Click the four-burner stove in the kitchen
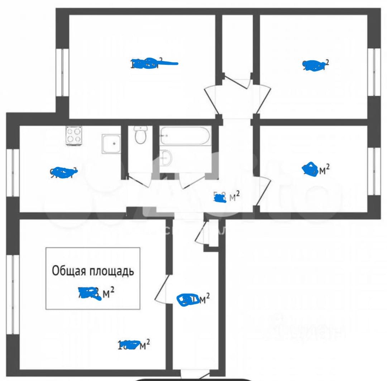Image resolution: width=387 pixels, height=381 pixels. (x=74, y=136)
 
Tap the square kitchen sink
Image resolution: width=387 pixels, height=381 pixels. (x=111, y=144)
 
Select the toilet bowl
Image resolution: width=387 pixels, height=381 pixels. (x=140, y=135)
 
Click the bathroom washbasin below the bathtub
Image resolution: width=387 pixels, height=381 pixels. (x=166, y=158)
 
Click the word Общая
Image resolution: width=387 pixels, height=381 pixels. (x=70, y=271)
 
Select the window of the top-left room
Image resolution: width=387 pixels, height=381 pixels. (x=63, y=72)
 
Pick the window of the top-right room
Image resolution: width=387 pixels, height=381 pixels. (x=374, y=72)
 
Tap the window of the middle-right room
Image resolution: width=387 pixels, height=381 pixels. (x=374, y=171)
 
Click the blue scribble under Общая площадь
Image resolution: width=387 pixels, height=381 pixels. (x=90, y=294)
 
